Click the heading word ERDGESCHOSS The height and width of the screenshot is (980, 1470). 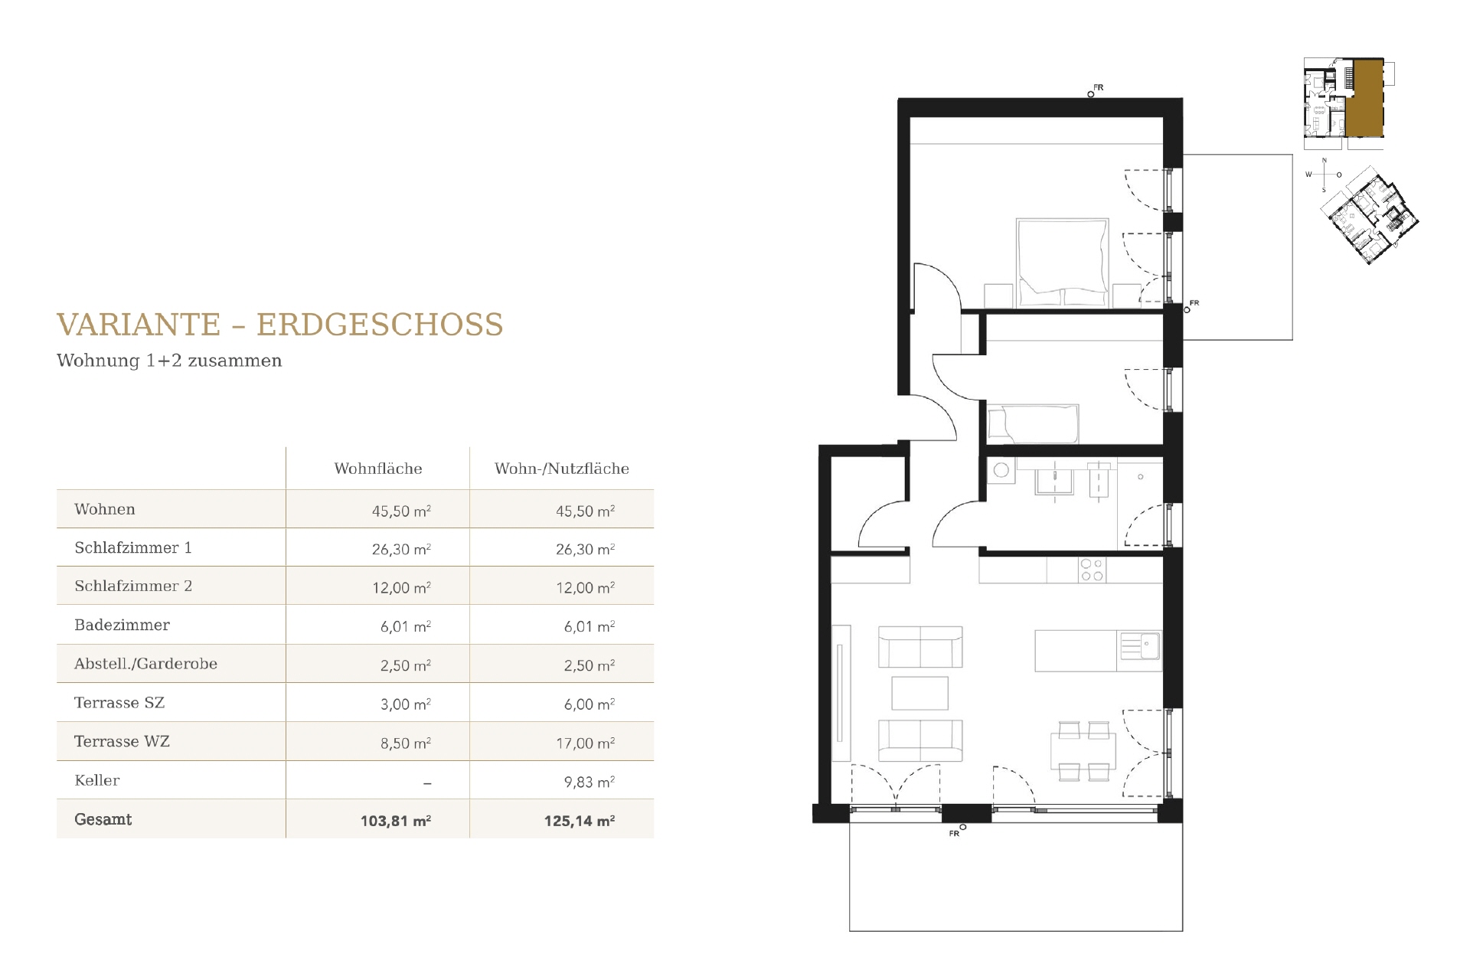click(380, 325)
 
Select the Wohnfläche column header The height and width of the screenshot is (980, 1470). click(378, 469)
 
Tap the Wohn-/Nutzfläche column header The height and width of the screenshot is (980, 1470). click(562, 469)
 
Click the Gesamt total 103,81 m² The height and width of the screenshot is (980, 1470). click(396, 821)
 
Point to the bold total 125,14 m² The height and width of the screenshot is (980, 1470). click(580, 821)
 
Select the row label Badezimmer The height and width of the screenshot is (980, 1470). click(122, 625)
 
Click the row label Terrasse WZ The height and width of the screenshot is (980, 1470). click(122, 741)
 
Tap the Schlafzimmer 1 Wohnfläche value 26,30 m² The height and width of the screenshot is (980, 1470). click(401, 549)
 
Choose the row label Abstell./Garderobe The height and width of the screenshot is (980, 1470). click(145, 664)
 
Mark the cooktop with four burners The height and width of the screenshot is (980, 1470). click(1092, 570)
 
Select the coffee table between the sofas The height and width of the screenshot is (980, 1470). click(920, 693)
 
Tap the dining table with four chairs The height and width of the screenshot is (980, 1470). click(1083, 750)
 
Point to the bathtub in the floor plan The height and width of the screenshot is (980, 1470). click(1033, 423)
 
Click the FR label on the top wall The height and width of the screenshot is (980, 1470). click(1099, 88)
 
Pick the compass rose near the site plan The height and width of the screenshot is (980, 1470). click(1325, 175)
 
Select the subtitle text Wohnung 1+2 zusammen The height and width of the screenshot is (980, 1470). click(169, 361)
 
